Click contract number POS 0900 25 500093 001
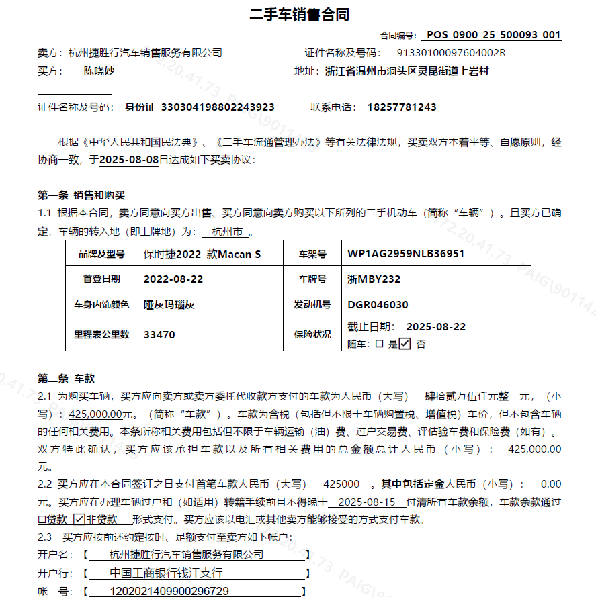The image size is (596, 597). [493, 35]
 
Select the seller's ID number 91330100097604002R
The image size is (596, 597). [451, 53]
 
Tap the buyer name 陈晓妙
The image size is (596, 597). [99, 71]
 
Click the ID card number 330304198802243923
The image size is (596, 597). [218, 107]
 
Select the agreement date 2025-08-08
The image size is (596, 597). [129, 160]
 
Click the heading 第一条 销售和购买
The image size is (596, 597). [81, 195]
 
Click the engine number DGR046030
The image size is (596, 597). [378, 304]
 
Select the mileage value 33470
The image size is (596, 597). [159, 334]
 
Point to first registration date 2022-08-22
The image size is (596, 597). [173, 279]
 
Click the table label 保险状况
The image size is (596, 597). [312, 334]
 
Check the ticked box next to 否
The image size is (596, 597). [405, 344]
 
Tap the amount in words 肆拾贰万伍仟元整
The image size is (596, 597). [466, 396]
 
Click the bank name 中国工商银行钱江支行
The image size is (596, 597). [165, 573]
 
